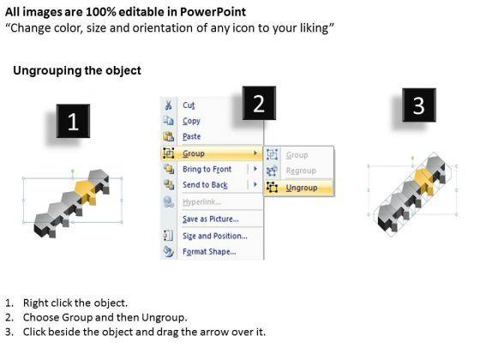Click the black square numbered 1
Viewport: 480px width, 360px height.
[73, 121]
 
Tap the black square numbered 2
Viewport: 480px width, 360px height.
[259, 103]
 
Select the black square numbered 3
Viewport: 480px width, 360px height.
[419, 105]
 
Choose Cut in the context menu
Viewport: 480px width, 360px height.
[189, 105]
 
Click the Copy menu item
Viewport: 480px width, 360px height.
[191, 121]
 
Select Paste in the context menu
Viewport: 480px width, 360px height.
[192, 136]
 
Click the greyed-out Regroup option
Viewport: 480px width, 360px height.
[301, 171]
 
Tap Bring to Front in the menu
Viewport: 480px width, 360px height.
[207, 169]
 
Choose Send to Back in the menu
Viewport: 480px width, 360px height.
[205, 185]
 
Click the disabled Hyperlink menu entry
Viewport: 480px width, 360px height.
[201, 202]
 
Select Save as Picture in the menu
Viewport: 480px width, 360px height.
[211, 219]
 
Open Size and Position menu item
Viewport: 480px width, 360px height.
[215, 236]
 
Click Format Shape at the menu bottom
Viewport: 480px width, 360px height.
[209, 252]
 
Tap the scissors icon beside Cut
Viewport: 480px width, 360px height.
[168, 105]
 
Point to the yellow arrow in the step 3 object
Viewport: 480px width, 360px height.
[424, 181]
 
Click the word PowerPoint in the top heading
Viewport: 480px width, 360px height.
[213, 12]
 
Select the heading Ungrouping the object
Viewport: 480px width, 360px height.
[77, 70]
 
